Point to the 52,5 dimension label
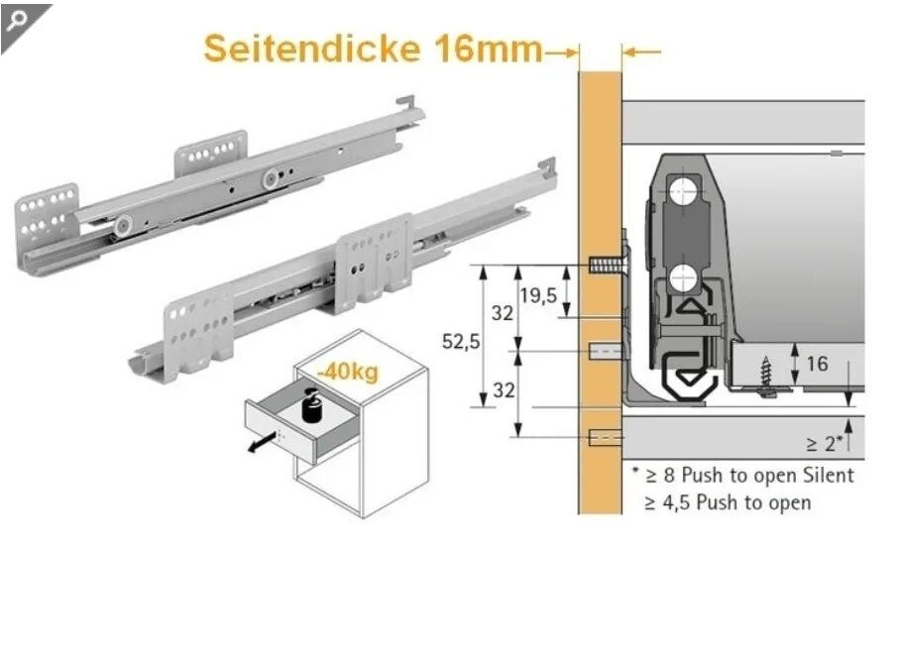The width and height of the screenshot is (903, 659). [x=461, y=342]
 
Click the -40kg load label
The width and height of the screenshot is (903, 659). [x=348, y=373]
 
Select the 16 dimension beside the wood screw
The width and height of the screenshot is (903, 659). [x=817, y=364]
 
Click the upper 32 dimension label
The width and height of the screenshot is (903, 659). [x=505, y=313]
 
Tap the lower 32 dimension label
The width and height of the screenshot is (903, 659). [x=505, y=390]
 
